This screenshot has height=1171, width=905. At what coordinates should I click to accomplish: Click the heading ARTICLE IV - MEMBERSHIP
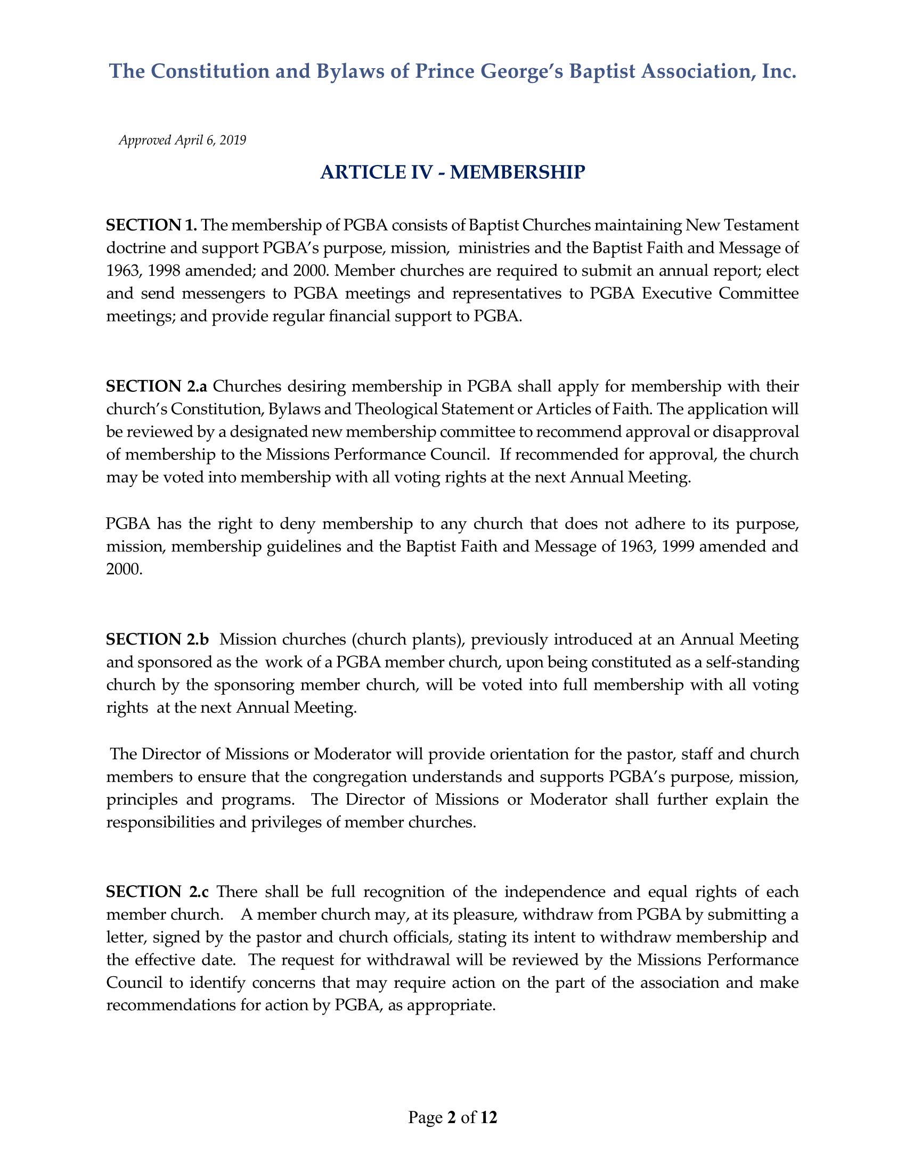[x=452, y=172]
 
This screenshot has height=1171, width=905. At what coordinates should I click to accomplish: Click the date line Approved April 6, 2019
[x=182, y=141]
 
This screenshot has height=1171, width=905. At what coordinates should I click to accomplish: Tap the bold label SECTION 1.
[x=151, y=225]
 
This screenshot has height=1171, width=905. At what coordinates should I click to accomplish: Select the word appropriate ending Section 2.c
[x=449, y=1005]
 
